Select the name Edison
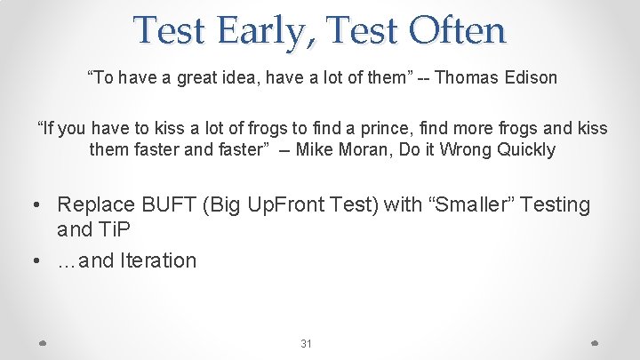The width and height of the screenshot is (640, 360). (x=529, y=77)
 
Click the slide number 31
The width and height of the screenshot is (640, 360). (x=306, y=344)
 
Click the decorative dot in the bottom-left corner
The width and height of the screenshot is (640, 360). (x=44, y=342)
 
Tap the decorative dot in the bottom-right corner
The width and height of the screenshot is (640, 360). (x=595, y=342)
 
